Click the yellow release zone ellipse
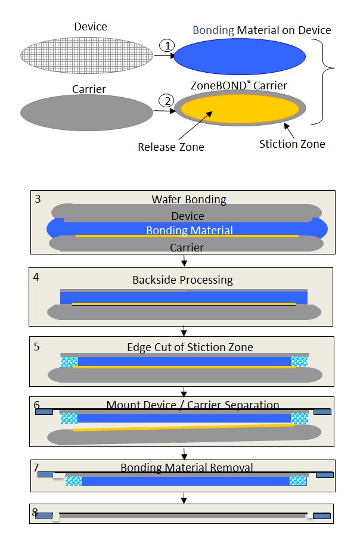pos(240,108)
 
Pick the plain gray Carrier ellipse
pos(87,113)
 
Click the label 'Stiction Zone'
pos(292,144)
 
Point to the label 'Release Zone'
pos(170,147)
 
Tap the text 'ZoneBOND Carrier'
pos(240,85)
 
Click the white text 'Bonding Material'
pos(190,230)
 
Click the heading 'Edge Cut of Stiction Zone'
pos(190,347)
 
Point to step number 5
pos(37,346)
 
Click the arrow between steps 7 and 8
pos(184,497)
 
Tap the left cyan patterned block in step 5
pos(69,361)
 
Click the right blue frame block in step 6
pos(322,411)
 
